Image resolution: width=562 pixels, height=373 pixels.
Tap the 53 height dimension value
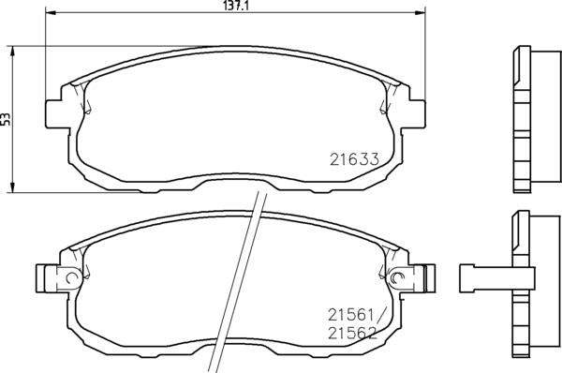tap(6, 119)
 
